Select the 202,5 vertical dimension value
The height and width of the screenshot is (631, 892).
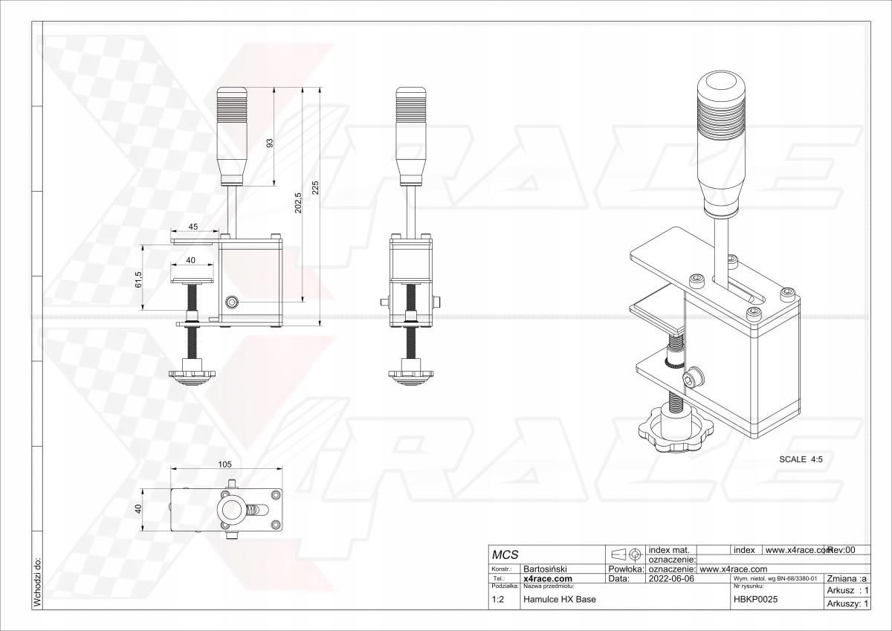pyautogui.click(x=297, y=202)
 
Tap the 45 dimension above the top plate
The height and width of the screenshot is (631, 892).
pyautogui.click(x=193, y=227)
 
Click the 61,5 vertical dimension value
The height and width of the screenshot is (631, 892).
pyautogui.click(x=138, y=279)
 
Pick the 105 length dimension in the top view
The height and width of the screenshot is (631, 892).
pyautogui.click(x=225, y=464)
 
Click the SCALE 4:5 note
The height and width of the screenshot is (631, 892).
pyautogui.click(x=801, y=459)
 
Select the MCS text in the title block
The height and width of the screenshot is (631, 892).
pyautogui.click(x=505, y=554)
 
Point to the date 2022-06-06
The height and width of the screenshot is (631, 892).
pyautogui.click(x=671, y=578)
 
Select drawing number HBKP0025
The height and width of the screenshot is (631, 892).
pyautogui.click(x=754, y=599)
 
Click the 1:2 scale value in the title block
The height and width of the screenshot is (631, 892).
pyautogui.click(x=498, y=599)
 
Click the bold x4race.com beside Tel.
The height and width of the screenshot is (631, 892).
pyautogui.click(x=548, y=578)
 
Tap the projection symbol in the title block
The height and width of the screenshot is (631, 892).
pyautogui.click(x=626, y=554)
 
